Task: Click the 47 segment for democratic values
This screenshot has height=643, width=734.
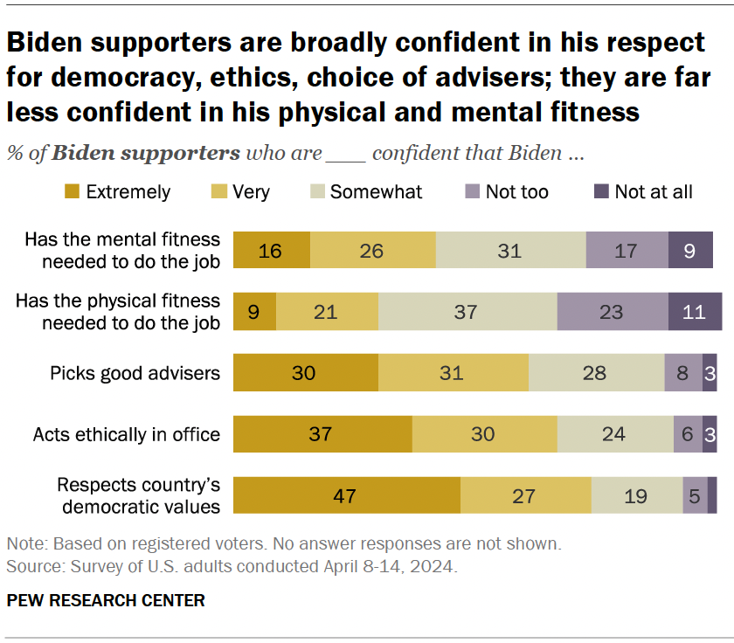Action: tap(348, 495)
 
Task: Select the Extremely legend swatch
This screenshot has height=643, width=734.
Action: tap(73, 191)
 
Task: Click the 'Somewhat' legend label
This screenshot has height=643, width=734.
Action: tap(376, 191)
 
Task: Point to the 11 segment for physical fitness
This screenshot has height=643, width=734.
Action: tap(695, 312)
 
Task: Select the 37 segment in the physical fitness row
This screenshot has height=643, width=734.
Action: tap(467, 312)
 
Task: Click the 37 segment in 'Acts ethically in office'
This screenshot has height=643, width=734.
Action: tap(323, 434)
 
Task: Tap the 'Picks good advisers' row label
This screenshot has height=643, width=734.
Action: tap(135, 373)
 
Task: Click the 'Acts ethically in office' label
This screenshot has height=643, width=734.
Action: tap(127, 434)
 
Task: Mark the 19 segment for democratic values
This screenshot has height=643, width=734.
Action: tap(636, 495)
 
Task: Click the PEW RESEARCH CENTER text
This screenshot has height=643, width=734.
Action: tap(106, 600)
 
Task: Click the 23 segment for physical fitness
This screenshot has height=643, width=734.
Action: tap(612, 312)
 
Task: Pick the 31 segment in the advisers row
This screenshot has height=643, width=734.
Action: tap(454, 373)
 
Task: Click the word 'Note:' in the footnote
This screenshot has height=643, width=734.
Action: tap(25, 543)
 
